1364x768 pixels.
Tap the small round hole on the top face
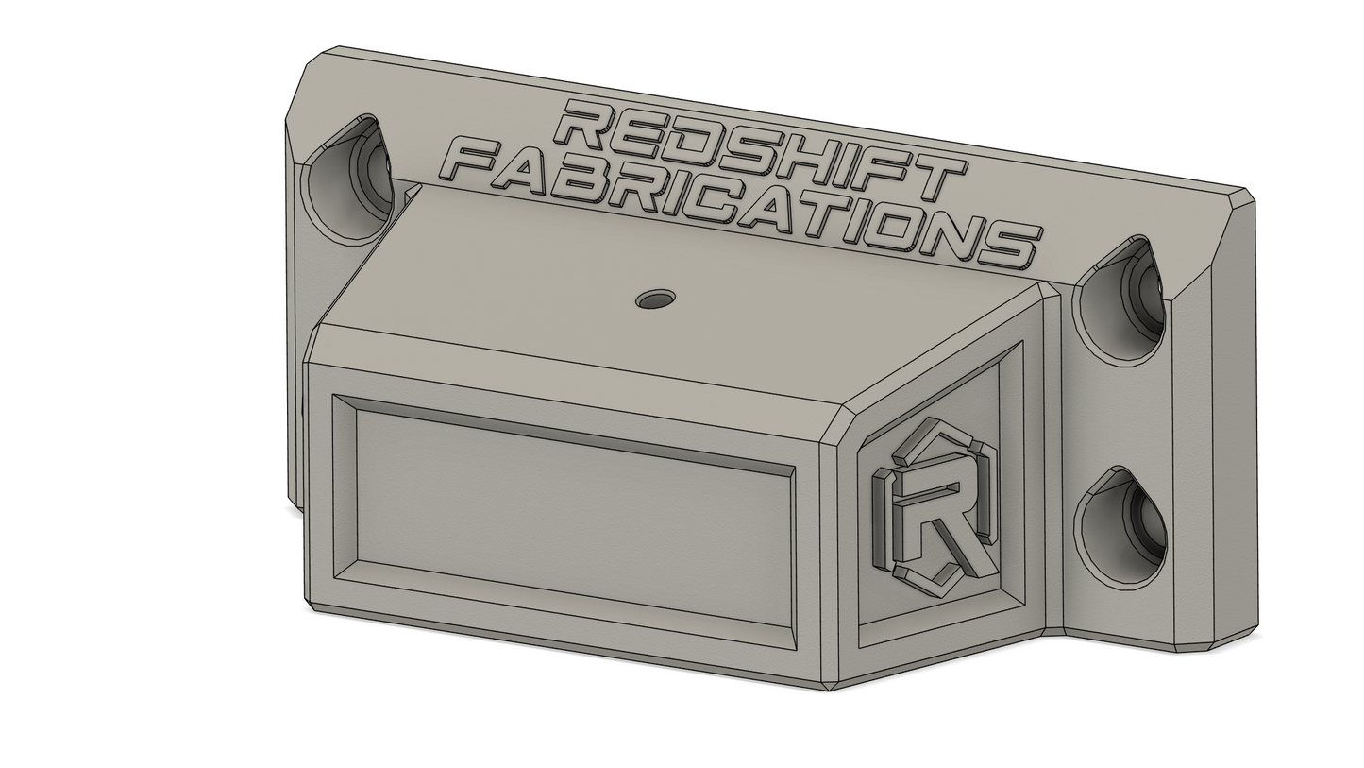pyautogui.click(x=655, y=299)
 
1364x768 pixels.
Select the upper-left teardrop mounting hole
pyautogui.click(x=347, y=179)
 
